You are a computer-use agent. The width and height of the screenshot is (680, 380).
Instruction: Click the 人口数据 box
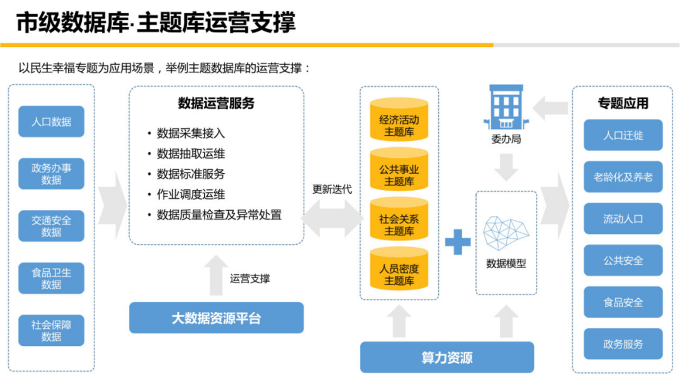tap(51, 121)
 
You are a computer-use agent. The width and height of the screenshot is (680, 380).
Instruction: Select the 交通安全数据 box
tap(51, 226)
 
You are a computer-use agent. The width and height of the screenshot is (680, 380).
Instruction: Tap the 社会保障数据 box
tap(51, 330)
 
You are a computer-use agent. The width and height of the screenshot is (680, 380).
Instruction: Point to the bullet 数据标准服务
tap(190, 174)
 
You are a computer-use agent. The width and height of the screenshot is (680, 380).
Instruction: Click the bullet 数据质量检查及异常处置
tap(218, 215)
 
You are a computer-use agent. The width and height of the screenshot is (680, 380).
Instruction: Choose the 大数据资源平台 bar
tap(216, 318)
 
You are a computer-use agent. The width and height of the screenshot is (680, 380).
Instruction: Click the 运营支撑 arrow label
tap(249, 278)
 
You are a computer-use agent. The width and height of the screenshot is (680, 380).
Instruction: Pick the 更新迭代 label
tap(332, 189)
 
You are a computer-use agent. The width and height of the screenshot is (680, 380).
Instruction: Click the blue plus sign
tap(458, 242)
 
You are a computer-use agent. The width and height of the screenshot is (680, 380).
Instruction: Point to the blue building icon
tap(506, 108)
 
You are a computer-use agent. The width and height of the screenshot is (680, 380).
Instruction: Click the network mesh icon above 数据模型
tap(506, 233)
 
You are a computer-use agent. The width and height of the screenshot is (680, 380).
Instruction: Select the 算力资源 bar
tap(446, 357)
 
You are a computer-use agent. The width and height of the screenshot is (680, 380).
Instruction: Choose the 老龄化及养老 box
tap(623, 177)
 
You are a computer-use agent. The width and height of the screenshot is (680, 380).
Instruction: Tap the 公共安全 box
tap(623, 260)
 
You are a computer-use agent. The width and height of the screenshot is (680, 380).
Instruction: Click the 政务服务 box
tap(623, 344)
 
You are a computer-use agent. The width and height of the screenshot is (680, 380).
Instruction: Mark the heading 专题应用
tap(623, 103)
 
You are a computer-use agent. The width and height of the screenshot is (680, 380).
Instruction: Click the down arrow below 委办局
tap(506, 167)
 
